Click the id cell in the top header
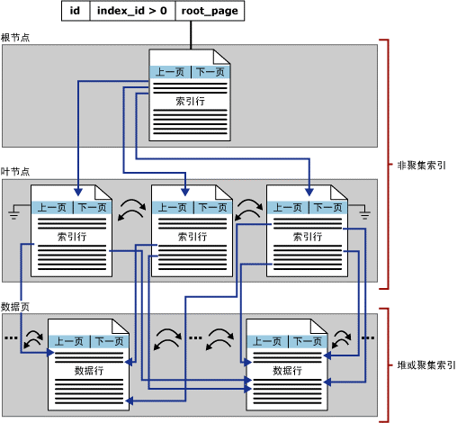[76, 12]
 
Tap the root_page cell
[208, 12]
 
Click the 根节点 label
[16, 38]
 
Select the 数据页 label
[16, 307]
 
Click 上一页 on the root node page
[170, 73]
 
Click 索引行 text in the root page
[189, 102]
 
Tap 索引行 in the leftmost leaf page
[71, 237]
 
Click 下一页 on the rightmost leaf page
[327, 208]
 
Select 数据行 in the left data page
[89, 370]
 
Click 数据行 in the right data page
[287, 370]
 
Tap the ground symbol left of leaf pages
[13, 212]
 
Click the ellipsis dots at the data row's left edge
[12, 338]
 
